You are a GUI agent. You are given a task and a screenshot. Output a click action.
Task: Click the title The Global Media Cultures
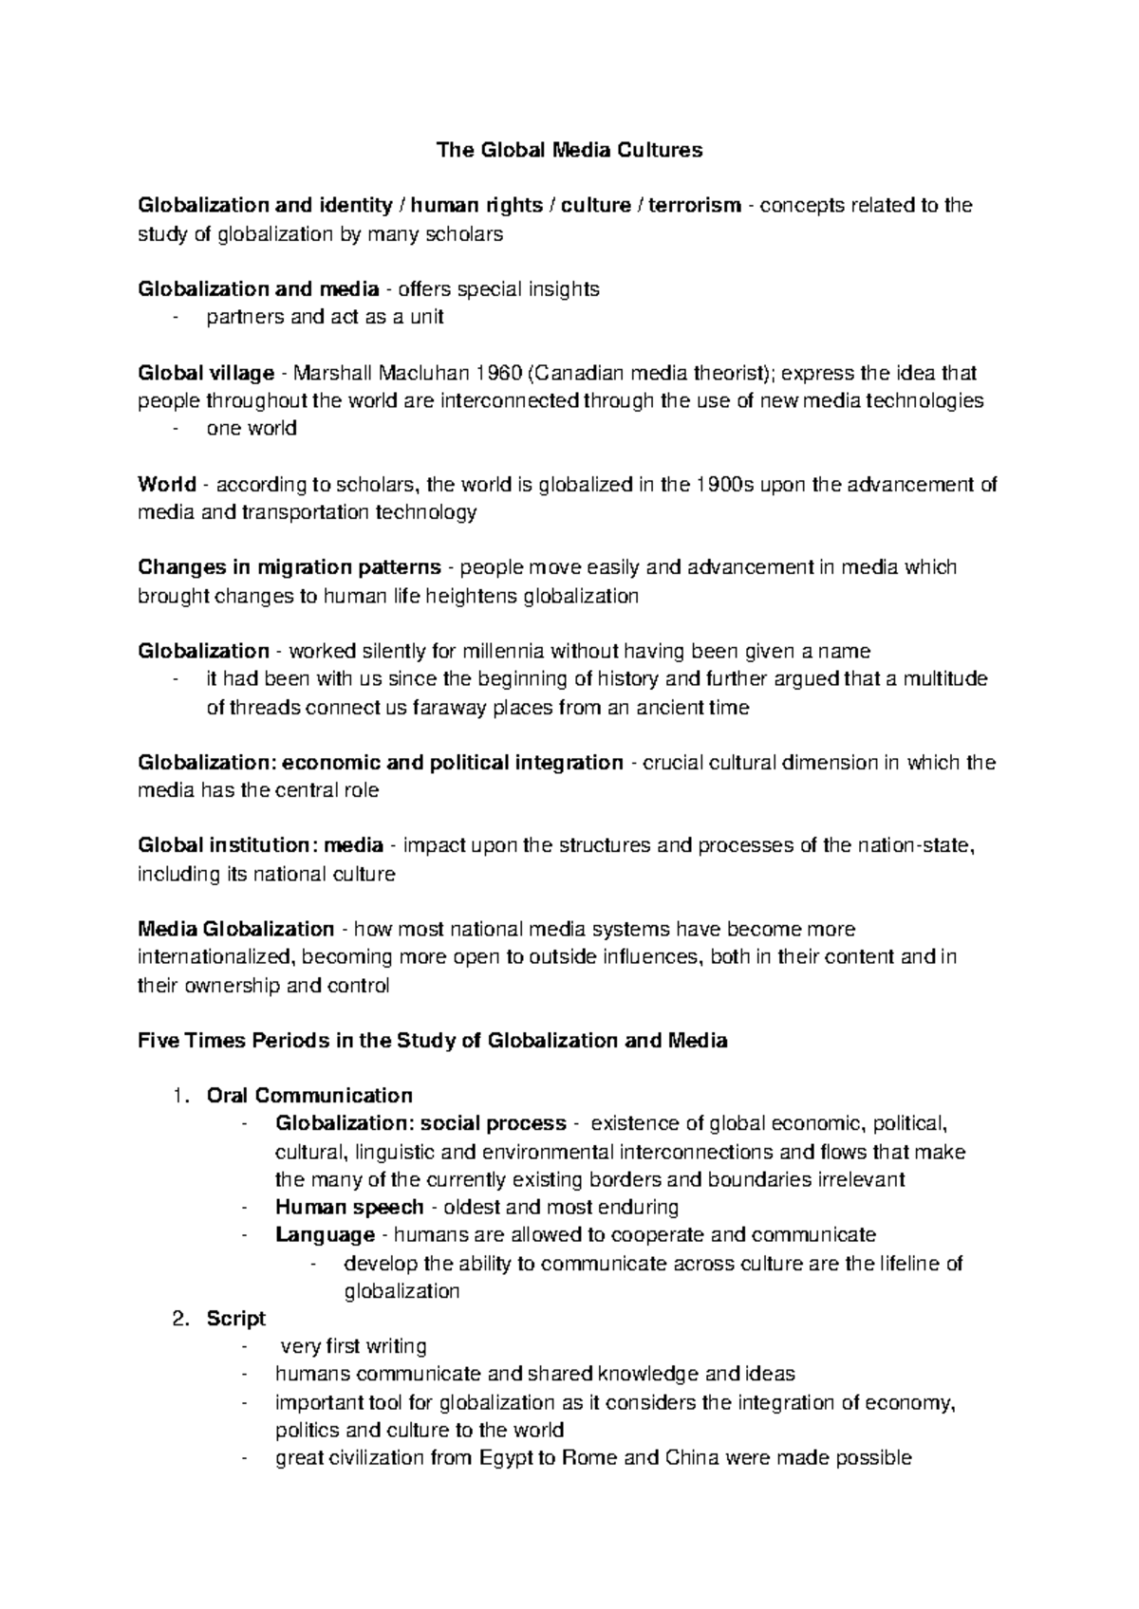pyautogui.click(x=569, y=150)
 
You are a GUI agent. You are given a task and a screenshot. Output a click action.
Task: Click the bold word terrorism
pyautogui.click(x=694, y=205)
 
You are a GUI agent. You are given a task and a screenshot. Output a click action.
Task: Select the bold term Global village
pyautogui.click(x=206, y=372)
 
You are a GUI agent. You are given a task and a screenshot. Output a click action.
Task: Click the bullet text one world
pyautogui.click(x=252, y=428)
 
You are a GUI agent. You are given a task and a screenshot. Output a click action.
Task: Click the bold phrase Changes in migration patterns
pyautogui.click(x=289, y=567)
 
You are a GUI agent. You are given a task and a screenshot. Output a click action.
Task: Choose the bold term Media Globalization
pyautogui.click(x=236, y=929)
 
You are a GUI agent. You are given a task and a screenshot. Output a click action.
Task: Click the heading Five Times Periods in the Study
pyautogui.click(x=433, y=1040)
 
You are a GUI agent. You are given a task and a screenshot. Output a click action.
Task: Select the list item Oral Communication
pyautogui.click(x=309, y=1096)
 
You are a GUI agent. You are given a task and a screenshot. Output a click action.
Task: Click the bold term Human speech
pyautogui.click(x=349, y=1207)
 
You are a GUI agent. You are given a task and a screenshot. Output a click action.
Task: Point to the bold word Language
pyautogui.click(x=325, y=1234)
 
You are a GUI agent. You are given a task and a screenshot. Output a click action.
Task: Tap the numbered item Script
pyautogui.click(x=236, y=1318)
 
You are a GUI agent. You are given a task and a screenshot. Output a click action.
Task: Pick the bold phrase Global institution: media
pyautogui.click(x=261, y=845)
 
